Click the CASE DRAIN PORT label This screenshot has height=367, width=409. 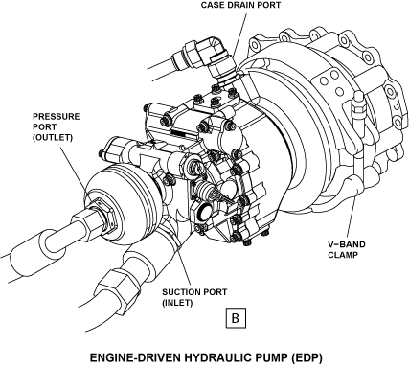click(240, 5)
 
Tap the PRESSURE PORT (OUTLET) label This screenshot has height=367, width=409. click(56, 126)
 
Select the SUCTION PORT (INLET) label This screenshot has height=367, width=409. click(194, 297)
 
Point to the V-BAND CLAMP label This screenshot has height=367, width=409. click(347, 250)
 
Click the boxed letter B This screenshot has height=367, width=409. click(236, 318)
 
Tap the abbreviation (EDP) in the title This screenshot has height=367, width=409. click(307, 358)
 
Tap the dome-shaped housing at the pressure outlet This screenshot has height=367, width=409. click(117, 203)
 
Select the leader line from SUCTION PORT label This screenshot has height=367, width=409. click(184, 265)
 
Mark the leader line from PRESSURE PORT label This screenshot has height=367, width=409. click(72, 167)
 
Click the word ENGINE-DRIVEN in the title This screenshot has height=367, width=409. click(135, 357)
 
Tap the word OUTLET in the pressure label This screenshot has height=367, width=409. click(53, 138)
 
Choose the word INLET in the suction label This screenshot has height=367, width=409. click(177, 303)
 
